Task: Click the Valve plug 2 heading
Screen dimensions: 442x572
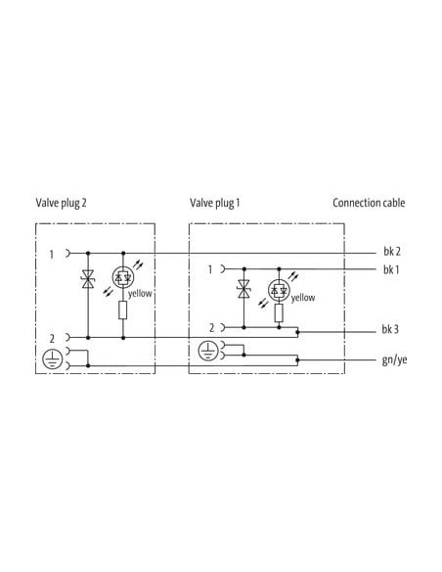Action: pyautogui.click(x=62, y=203)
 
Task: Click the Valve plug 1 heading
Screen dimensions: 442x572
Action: pyautogui.click(x=215, y=203)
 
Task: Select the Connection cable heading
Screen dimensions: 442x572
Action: pyautogui.click(x=369, y=203)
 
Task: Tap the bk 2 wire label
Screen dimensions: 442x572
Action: pyautogui.click(x=392, y=252)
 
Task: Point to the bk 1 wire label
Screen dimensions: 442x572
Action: pyautogui.click(x=391, y=270)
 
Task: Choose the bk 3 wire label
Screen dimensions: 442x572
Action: pyautogui.click(x=390, y=329)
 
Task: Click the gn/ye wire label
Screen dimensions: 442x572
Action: pyautogui.click(x=394, y=360)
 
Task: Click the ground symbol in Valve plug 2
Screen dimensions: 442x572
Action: pyautogui.click(x=53, y=358)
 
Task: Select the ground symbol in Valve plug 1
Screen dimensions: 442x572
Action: pyautogui.click(x=208, y=351)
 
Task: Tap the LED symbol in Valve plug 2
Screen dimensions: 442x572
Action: pyautogui.click(x=123, y=278)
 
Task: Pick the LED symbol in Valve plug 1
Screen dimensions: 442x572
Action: pyautogui.click(x=279, y=291)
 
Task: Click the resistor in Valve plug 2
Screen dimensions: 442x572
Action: pyautogui.click(x=123, y=310)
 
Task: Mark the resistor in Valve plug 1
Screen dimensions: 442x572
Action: pyautogui.click(x=279, y=313)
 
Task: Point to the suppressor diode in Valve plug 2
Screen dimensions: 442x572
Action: pyautogui.click(x=88, y=279)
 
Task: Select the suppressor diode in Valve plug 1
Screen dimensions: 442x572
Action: pyautogui.click(x=243, y=289)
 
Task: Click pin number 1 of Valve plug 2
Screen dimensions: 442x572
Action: pyautogui.click(x=52, y=255)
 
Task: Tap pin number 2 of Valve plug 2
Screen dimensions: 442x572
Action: pyautogui.click(x=52, y=339)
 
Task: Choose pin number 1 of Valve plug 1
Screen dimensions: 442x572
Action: pyautogui.click(x=210, y=269)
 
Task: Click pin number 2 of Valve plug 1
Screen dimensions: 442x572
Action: pyautogui.click(x=212, y=328)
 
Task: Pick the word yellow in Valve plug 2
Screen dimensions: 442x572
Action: pyautogui.click(x=140, y=294)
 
